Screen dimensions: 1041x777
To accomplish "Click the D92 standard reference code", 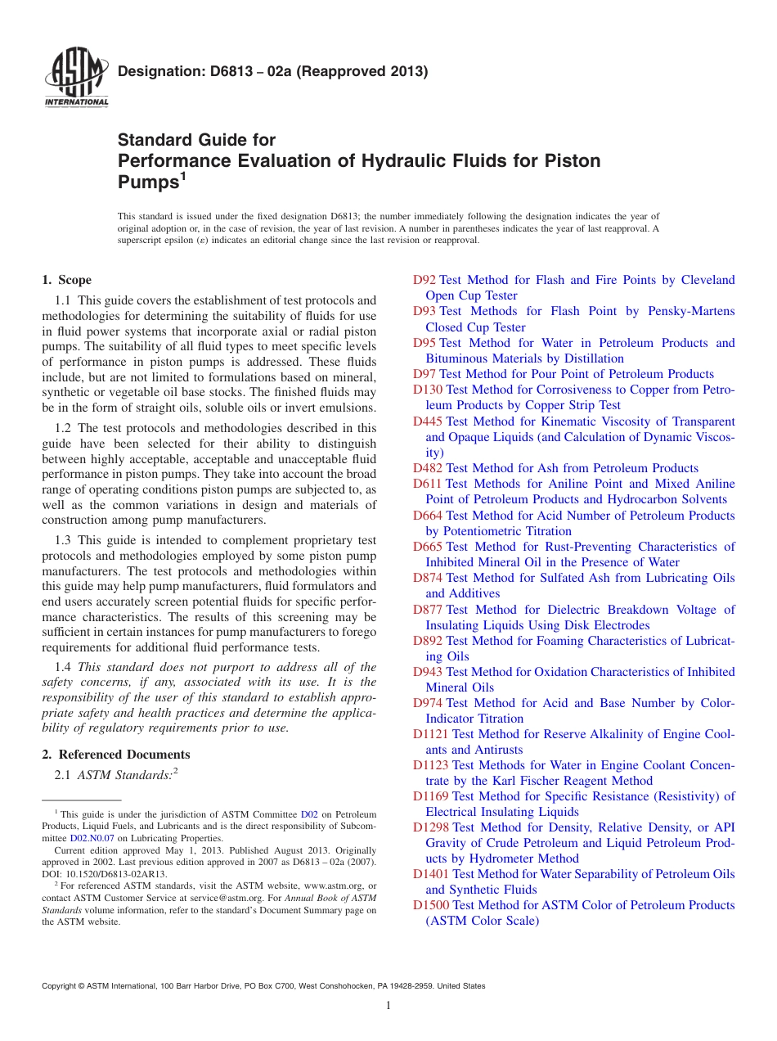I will tap(424, 280).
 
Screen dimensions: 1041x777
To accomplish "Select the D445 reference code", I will tap(428, 421).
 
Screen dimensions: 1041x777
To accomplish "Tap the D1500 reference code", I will tap(431, 905).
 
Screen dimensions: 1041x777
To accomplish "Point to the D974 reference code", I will tap(428, 703).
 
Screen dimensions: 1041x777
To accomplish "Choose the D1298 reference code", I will tap(431, 827).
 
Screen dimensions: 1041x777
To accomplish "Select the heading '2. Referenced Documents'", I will tap(116, 755).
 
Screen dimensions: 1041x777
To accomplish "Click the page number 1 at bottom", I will tap(388, 1006).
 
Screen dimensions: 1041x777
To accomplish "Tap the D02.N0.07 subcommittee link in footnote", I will tap(92, 838).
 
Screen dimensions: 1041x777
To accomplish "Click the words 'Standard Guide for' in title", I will tap(197, 140).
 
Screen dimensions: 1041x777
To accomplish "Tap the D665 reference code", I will tap(428, 547).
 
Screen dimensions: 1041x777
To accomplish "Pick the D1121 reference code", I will tap(431, 734).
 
